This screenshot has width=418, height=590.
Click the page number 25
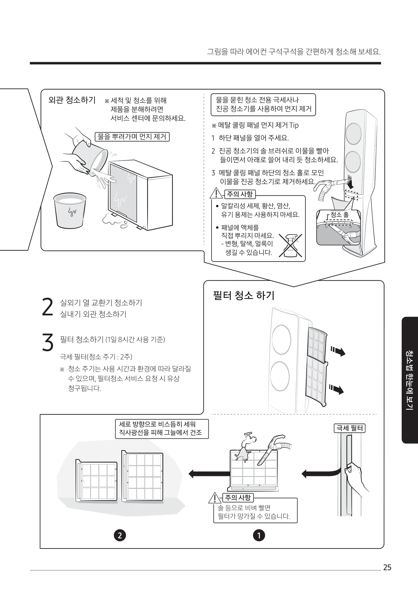tap(387, 568)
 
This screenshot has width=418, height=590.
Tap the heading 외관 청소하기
tap(72, 100)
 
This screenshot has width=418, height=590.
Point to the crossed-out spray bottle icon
tap(290, 245)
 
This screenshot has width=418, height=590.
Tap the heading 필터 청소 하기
tap(244, 296)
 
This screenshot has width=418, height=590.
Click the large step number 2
tap(48, 307)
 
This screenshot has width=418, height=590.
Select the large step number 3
tap(48, 342)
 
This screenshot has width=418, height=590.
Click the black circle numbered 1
tap(259, 535)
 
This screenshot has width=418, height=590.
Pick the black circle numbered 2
tap(119, 535)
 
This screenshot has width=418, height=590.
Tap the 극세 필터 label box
tap(349, 428)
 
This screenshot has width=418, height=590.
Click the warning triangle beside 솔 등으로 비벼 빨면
tap(215, 498)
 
